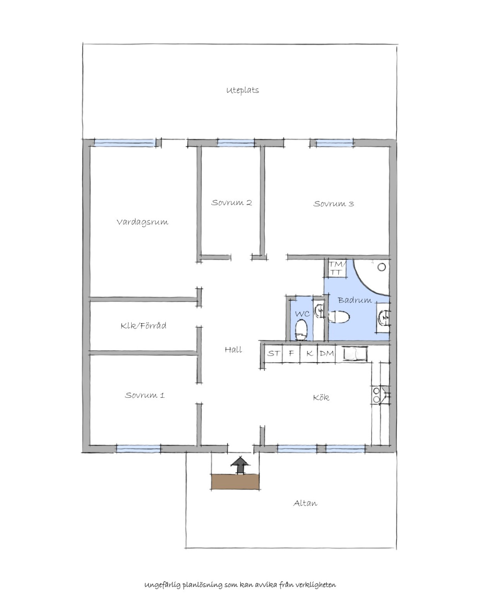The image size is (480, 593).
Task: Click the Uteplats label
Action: [242, 90]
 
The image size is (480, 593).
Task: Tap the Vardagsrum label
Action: [142, 222]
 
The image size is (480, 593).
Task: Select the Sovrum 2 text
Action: [231, 202]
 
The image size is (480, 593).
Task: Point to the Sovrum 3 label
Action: [334, 204]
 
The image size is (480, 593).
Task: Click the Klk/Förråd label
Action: [143, 326]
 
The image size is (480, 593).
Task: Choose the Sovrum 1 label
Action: [145, 395]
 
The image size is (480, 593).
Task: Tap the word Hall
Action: [233, 350]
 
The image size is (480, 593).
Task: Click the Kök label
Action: [321, 397]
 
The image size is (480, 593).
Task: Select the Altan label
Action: [305, 503]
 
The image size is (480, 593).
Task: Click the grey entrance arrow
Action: [240, 465]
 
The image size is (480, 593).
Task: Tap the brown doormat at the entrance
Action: [235, 482]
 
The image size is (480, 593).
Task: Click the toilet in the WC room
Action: [301, 330]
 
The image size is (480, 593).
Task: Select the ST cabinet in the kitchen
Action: [273, 354]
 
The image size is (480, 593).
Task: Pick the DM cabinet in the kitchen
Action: [326, 354]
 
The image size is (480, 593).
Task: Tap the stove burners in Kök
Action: [376, 395]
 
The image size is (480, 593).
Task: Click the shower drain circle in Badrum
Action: [382, 267]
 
